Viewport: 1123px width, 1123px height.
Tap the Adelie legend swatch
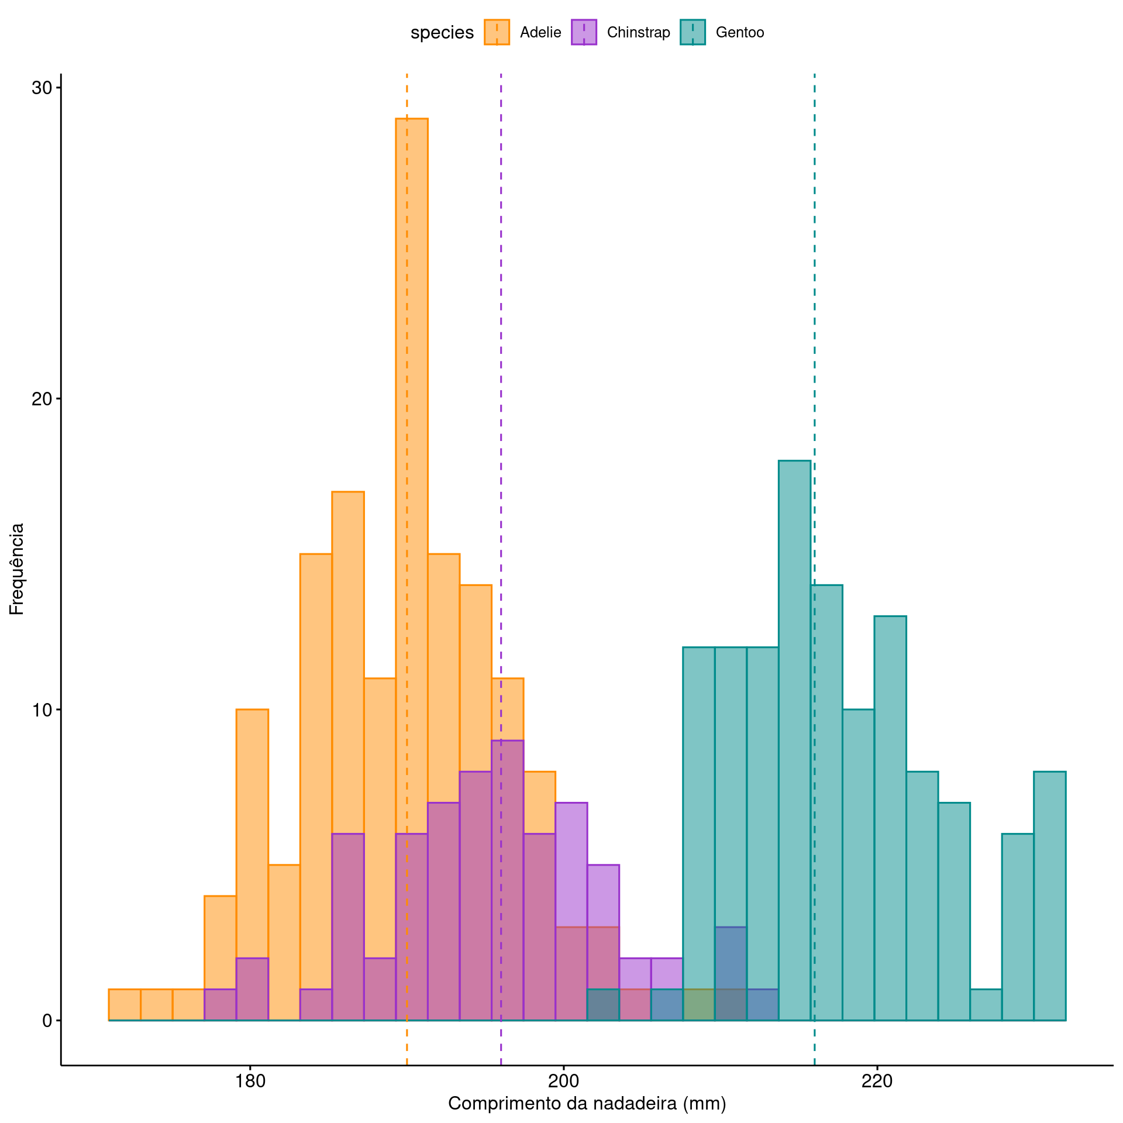click(497, 32)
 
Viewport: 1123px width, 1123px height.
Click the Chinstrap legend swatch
click(584, 32)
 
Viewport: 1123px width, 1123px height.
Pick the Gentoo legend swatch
click(693, 32)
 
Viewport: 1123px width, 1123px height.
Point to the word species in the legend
click(442, 33)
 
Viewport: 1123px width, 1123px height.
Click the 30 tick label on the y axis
click(42, 88)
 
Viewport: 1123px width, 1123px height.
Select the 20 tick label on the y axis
click(42, 399)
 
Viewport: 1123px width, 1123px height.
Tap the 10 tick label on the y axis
click(42, 710)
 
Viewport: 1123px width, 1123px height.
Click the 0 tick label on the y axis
click(47, 1021)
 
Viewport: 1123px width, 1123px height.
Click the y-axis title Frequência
click(16, 569)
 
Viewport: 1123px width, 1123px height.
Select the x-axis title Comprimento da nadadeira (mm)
click(587, 1104)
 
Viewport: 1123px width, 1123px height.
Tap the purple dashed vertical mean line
click(501, 351)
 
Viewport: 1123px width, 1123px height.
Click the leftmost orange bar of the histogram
click(125, 1005)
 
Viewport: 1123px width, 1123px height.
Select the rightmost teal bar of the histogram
click(1049, 895)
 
